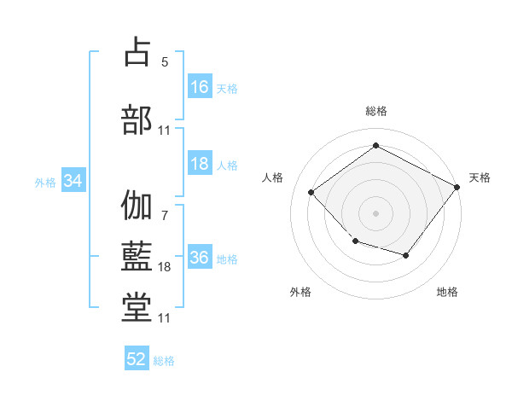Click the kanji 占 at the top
pyautogui.click(x=137, y=51)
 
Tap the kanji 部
pyautogui.click(x=137, y=119)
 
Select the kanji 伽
pyautogui.click(x=137, y=205)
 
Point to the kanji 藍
pyautogui.click(x=137, y=256)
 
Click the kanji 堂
pyautogui.click(x=137, y=308)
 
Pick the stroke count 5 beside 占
pyautogui.click(x=165, y=62)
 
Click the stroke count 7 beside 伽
pyautogui.click(x=165, y=216)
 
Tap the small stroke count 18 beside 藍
pyautogui.click(x=164, y=267)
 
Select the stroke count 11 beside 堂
pyautogui.click(x=164, y=318)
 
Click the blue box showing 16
pyautogui.click(x=201, y=86)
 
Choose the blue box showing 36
pyautogui.click(x=201, y=256)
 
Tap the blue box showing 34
pyautogui.click(x=73, y=180)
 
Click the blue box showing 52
pyautogui.click(x=137, y=357)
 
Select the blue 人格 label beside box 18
pyautogui.click(x=227, y=166)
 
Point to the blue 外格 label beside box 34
pyautogui.click(x=45, y=183)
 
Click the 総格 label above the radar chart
pyautogui.click(x=376, y=111)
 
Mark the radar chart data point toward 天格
pyautogui.click(x=457, y=187)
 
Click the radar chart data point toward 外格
pyautogui.click(x=356, y=241)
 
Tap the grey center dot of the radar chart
pyautogui.click(x=375, y=213)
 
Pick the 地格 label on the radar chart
pyautogui.click(x=447, y=292)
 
